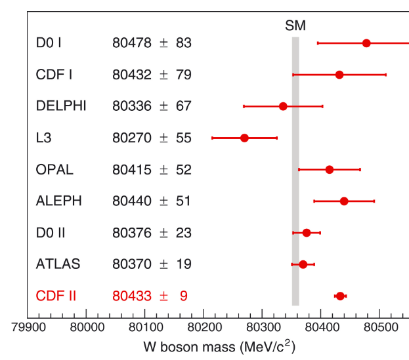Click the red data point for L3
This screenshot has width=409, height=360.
tap(244, 138)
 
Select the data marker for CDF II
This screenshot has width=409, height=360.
tap(340, 296)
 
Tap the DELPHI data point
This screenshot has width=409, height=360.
tap(283, 106)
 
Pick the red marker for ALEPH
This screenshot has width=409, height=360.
tap(344, 201)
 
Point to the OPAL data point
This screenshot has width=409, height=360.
tap(330, 170)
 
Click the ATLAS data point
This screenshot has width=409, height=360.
tap(303, 264)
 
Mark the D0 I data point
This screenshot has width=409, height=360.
tap(366, 43)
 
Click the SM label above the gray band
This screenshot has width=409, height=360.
tap(295, 26)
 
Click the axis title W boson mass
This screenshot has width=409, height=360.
tap(203, 345)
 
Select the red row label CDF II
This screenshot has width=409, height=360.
tap(56, 296)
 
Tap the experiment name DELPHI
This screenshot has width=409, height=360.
tap(61, 106)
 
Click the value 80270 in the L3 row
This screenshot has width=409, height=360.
tap(132, 138)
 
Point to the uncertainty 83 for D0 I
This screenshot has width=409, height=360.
tap(183, 43)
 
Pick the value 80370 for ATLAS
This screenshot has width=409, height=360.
tap(132, 264)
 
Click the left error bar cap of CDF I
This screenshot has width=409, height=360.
tap(293, 75)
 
